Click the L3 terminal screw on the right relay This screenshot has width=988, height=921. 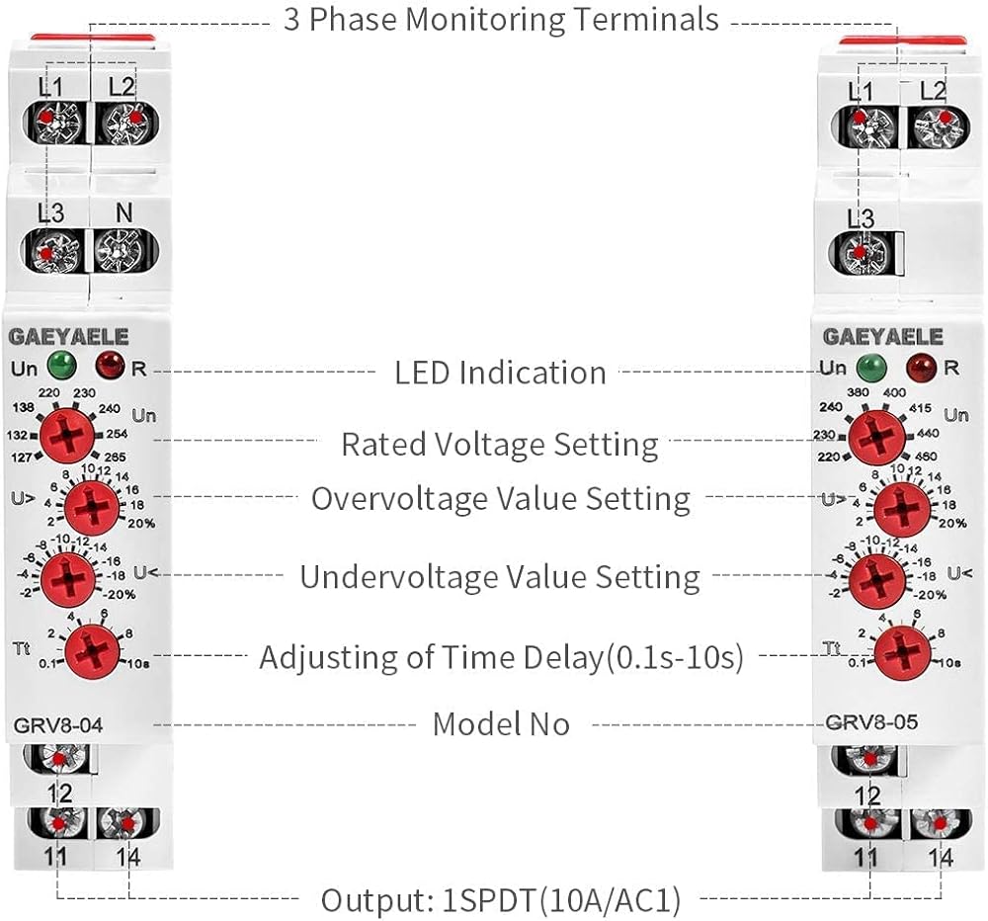(861, 253)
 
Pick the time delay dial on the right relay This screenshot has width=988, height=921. (901, 649)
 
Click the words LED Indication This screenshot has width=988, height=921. (500, 373)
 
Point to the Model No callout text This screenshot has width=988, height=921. (501, 724)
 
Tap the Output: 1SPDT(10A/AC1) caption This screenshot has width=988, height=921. (500, 900)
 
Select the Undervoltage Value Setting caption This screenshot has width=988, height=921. (500, 576)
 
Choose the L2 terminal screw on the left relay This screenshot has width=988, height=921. (121, 123)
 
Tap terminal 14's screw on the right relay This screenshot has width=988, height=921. (938, 823)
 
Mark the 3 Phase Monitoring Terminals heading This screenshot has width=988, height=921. (501, 19)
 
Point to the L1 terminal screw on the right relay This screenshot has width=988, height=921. (862, 123)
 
